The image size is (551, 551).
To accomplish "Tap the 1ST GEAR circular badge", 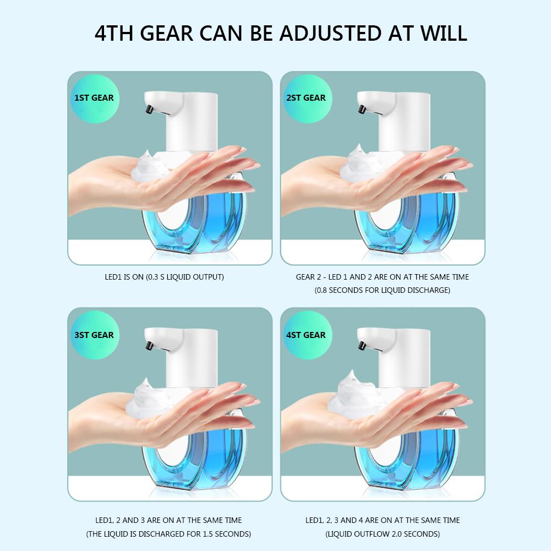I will tap(94, 98).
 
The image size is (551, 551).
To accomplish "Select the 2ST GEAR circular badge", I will tap(306, 98).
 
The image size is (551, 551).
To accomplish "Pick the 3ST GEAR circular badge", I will tap(94, 335).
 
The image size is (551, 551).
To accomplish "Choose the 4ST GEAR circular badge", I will tap(306, 335).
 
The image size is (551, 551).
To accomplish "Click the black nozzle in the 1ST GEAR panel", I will tap(149, 111).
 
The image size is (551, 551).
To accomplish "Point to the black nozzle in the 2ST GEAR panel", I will tap(362, 111).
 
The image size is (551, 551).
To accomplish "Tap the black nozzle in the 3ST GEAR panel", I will tap(149, 346).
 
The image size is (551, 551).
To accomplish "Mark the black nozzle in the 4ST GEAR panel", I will tap(362, 346).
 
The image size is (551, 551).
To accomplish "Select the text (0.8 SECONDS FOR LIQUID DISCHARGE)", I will tap(382, 290).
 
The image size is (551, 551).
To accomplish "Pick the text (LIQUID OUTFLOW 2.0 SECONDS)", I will tap(382, 533).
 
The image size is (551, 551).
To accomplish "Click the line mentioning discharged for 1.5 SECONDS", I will tap(169, 533).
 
